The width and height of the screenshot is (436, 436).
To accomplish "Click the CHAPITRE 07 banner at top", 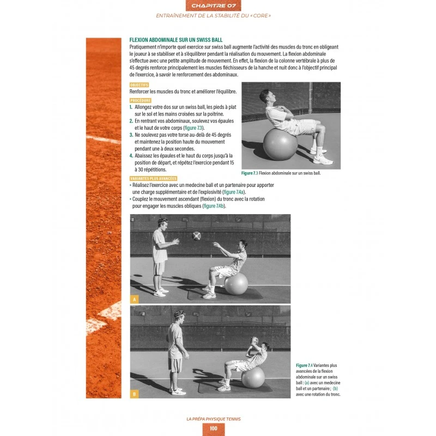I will point(213,5).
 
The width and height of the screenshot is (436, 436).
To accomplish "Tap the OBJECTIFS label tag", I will point(139,85).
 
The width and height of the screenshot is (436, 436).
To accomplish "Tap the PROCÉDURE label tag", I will point(140,101).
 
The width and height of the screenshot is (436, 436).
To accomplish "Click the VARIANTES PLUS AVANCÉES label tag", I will point(153,179).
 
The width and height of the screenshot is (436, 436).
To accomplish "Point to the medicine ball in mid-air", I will point(197,235).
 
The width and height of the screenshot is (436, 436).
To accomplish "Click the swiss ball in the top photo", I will point(280,144).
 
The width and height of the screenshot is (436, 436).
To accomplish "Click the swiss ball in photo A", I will point(236,284).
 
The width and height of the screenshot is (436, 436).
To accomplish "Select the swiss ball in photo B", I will point(253,377).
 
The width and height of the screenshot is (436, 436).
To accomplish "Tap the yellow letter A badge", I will point(135,299).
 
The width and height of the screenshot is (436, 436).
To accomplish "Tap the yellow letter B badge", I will point(135,393).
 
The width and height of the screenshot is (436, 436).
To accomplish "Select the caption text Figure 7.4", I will point(304,365).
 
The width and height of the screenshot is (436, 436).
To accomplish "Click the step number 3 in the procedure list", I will point(131,134).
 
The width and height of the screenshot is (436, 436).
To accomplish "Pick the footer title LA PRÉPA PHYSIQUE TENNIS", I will point(213,419).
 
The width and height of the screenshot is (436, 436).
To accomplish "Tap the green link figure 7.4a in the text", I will point(234,192).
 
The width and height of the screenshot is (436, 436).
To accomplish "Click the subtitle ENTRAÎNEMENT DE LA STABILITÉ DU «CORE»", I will point(213,16).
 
